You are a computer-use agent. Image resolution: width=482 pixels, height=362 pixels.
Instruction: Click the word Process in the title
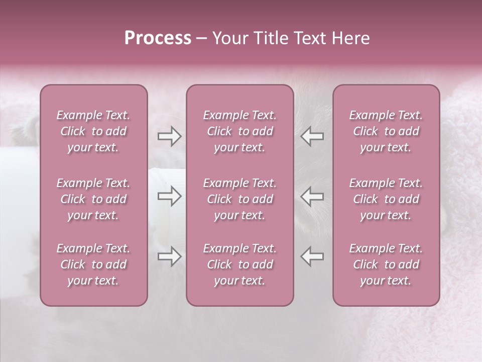coord(158,38)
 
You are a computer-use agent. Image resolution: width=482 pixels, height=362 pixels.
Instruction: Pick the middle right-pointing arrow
coord(169,197)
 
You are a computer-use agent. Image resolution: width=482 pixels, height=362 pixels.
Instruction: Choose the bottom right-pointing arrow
coord(169,256)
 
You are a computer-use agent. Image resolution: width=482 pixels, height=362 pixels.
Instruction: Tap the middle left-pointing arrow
coord(312,197)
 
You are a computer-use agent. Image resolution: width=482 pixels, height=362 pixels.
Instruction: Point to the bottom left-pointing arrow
coord(312,256)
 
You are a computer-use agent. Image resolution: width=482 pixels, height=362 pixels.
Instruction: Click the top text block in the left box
coord(93,131)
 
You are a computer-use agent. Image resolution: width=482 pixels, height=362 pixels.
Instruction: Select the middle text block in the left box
coord(93,199)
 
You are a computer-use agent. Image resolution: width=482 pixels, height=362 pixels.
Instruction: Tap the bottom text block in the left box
coord(93,264)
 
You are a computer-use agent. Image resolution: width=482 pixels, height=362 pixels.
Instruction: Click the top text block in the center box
coord(240,131)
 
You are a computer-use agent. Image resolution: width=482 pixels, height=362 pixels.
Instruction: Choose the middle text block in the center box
coord(240,199)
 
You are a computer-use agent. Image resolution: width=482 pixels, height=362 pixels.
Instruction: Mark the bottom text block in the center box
coord(240,264)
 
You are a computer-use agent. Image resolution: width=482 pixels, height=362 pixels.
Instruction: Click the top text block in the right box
coord(386,131)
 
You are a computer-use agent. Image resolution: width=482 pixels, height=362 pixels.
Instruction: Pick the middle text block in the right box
coord(386,199)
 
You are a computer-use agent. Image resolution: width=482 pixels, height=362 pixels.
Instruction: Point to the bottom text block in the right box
coord(386,264)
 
